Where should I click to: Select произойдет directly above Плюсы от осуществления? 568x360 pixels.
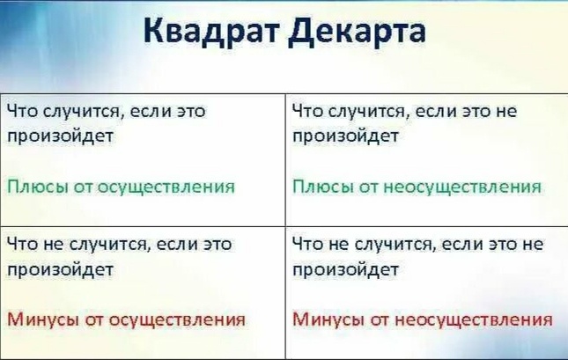click(59, 137)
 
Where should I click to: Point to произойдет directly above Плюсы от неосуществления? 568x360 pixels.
click(345, 137)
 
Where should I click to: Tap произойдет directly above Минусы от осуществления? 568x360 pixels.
click(59, 269)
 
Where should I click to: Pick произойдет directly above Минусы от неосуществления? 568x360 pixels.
click(345, 269)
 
